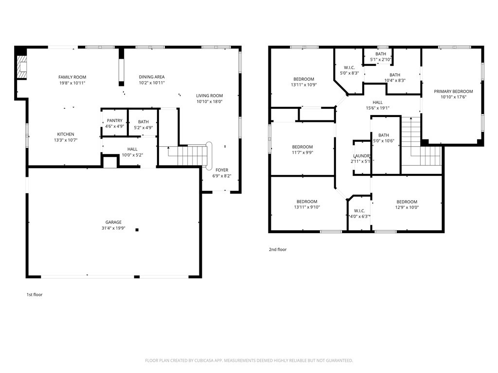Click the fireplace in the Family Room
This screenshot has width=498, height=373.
tap(22, 67)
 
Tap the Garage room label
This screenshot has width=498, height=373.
tap(113, 222)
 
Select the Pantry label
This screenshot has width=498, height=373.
tap(115, 120)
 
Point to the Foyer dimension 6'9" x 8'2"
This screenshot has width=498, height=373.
tap(222, 176)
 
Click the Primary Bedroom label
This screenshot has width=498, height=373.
tap(453, 91)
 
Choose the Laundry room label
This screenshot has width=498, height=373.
tap(362, 156)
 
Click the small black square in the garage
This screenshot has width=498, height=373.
tap(137, 230)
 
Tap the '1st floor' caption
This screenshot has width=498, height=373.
tap(35, 295)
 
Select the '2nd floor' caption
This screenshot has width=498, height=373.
tap(278, 249)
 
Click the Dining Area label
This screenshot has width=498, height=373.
tap(152, 77)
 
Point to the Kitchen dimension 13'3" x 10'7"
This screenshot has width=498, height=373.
tap(66, 140)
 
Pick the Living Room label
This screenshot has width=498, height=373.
tap(209, 96)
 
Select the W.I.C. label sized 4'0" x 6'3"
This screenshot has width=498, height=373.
tap(359, 211)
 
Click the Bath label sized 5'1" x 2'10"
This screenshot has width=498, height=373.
tap(380, 54)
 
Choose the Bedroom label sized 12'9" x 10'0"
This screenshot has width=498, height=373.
tap(407, 202)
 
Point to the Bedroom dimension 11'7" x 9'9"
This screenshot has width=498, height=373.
tap(302, 153)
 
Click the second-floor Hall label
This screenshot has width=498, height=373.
tap(377, 102)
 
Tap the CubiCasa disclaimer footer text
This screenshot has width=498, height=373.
tap(249, 360)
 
